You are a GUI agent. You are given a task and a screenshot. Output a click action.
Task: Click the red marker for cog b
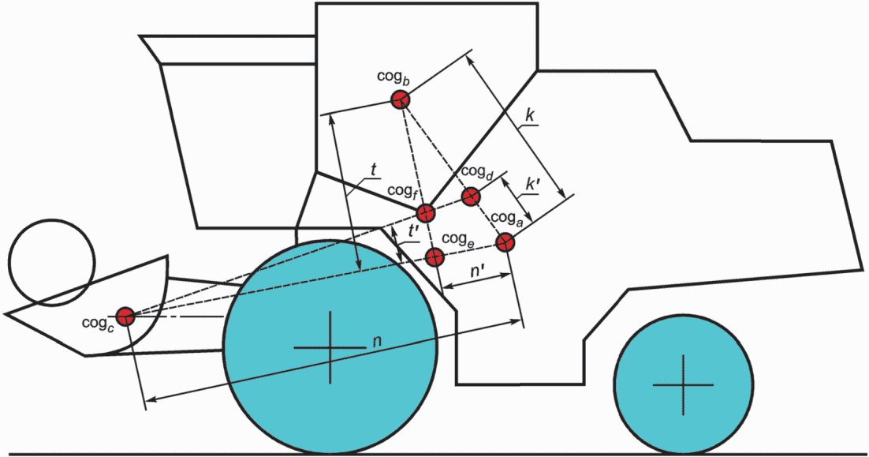coord(400,99)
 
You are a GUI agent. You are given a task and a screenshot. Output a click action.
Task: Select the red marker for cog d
coord(471,197)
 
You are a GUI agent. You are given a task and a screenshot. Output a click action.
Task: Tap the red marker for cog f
coord(426,212)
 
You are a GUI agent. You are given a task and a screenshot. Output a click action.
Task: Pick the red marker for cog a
coord(505,241)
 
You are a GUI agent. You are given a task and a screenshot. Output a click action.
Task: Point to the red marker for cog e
coord(434,257)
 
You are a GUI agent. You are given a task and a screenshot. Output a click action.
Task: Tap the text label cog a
coord(507,218)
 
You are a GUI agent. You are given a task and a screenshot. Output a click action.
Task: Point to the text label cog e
coord(457,238)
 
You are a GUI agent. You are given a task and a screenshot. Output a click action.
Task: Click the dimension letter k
coord(531,115)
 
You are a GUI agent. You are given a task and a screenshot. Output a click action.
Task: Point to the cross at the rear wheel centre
coord(684,385)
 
